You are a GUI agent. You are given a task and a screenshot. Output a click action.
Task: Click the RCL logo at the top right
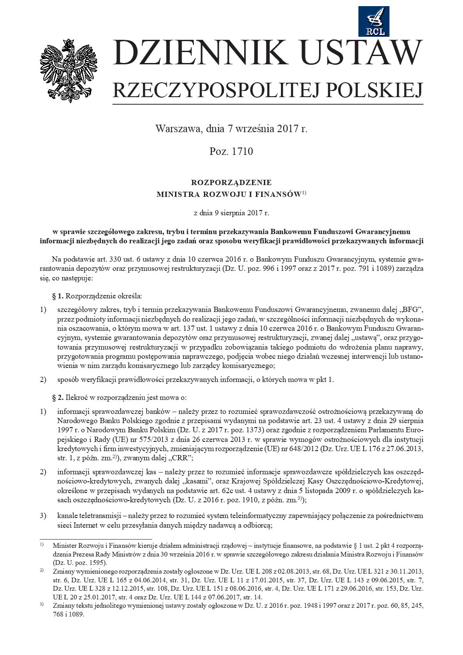point(374,21)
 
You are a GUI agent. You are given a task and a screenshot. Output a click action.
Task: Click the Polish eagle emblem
point(69,70)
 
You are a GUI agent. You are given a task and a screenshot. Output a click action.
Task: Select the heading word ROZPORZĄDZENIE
point(231,182)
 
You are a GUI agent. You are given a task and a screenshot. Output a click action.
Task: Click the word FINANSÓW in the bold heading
point(278,194)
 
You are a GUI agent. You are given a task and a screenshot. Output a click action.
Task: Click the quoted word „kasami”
point(185,481)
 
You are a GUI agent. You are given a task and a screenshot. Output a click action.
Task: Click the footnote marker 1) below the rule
point(42,545)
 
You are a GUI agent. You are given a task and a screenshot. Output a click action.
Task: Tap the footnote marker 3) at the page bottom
point(42,605)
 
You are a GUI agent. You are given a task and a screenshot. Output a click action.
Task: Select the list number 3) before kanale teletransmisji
point(43,515)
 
